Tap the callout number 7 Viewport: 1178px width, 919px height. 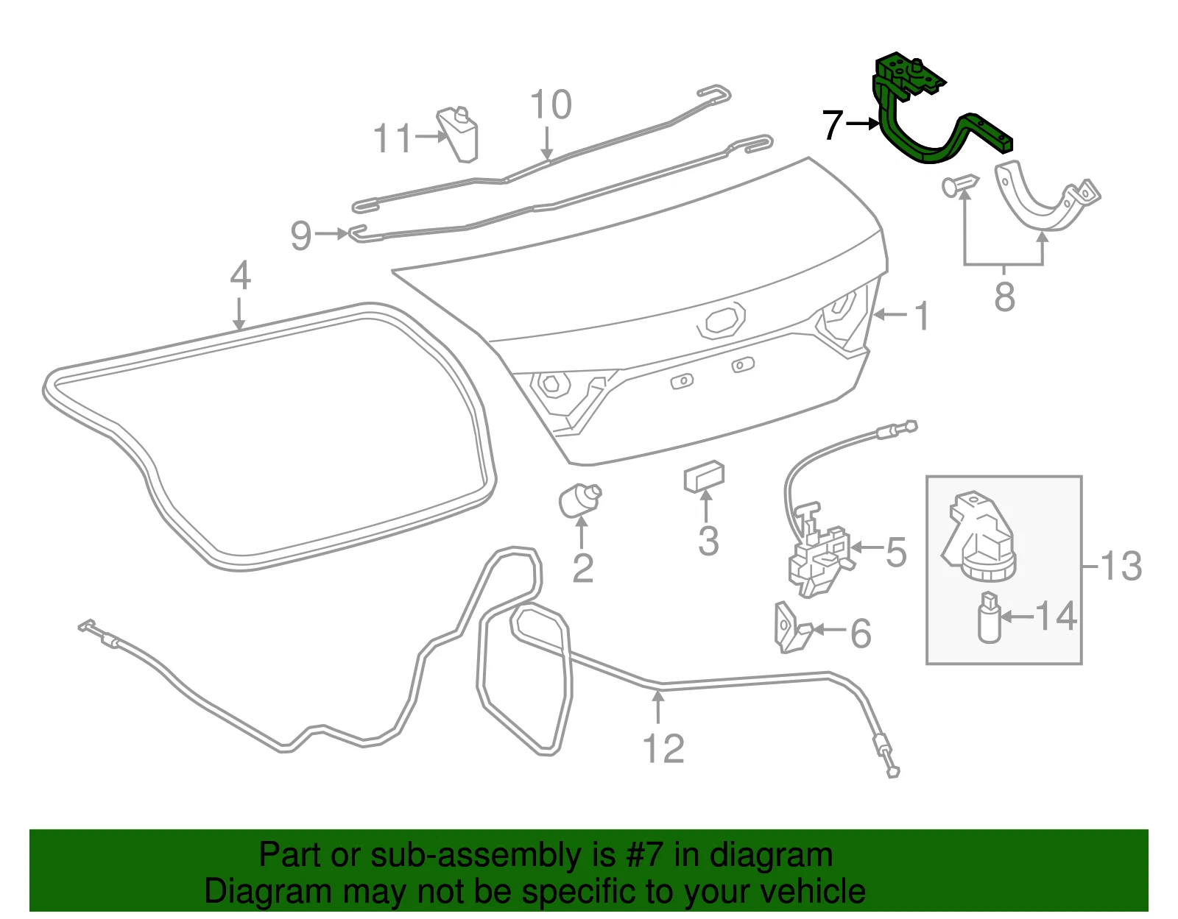833,125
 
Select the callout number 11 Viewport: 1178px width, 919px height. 393,138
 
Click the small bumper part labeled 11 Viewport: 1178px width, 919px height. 459,134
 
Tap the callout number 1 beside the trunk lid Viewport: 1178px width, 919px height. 922,316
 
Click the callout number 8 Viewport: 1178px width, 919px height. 1004,297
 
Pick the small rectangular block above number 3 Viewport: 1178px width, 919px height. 704,477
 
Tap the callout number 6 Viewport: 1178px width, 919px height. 861,633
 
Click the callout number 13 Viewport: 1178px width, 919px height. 1121,567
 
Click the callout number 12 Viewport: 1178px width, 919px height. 663,749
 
